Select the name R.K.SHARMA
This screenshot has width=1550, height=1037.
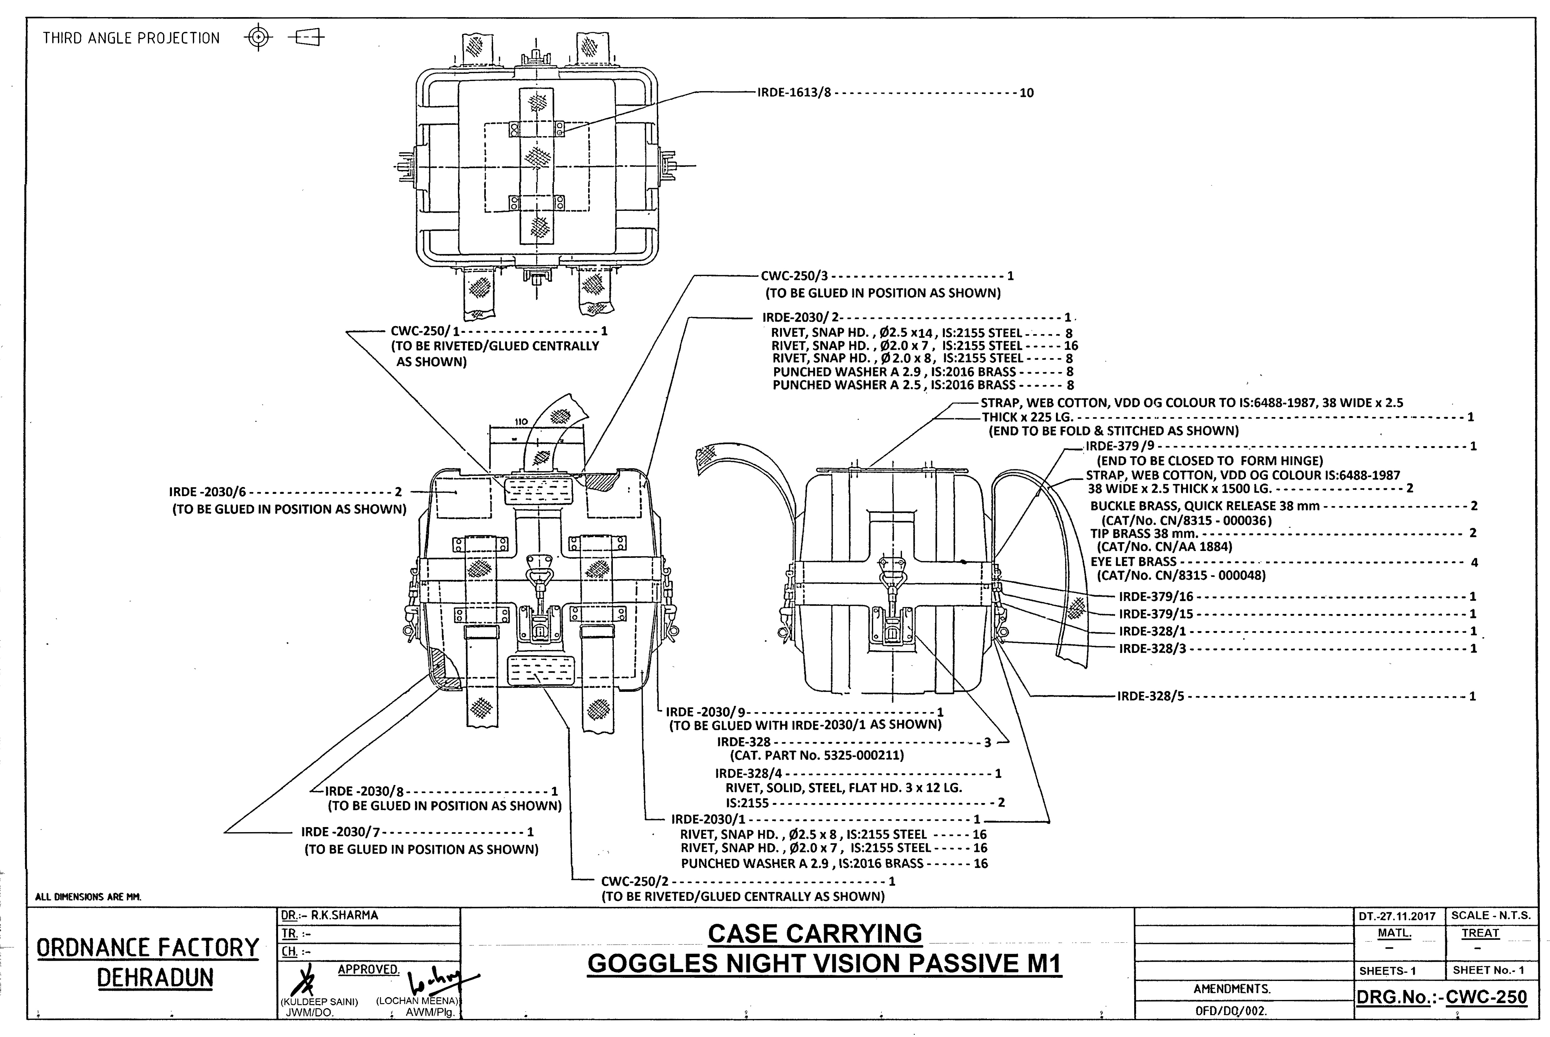point(345,915)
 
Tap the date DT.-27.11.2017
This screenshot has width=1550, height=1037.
point(1397,916)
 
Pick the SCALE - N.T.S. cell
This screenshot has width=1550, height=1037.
point(1491,915)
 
